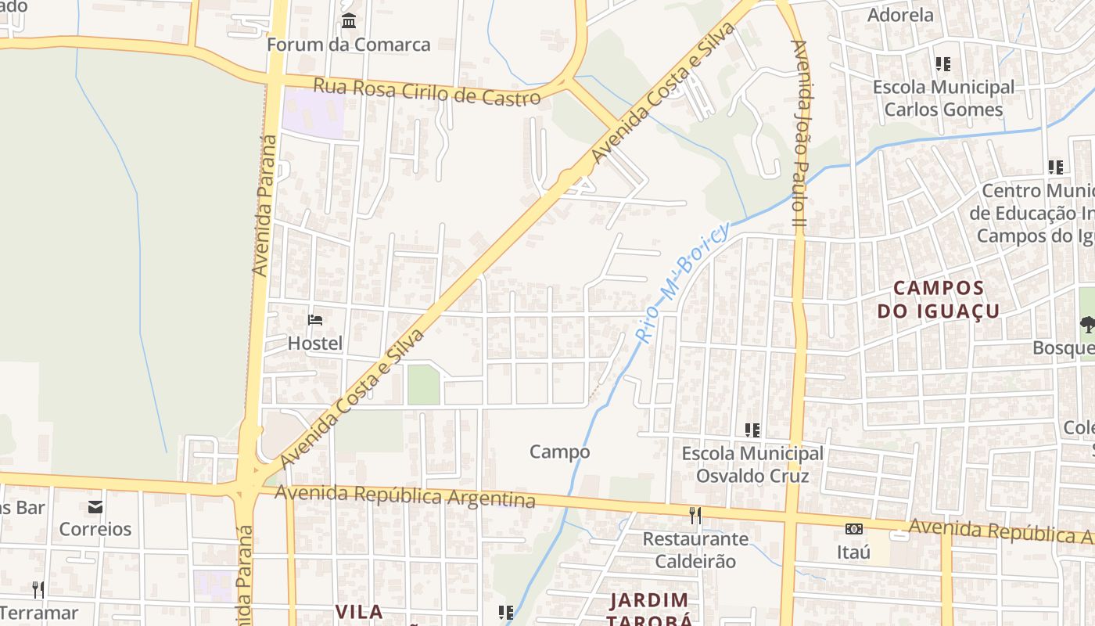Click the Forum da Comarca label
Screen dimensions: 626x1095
(x=348, y=45)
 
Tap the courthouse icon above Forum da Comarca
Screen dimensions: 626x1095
(x=349, y=20)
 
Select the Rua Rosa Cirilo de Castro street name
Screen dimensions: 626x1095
(x=426, y=92)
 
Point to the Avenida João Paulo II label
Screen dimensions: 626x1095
(x=799, y=129)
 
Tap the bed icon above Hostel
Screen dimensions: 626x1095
(x=315, y=319)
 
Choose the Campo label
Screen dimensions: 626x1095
(x=559, y=452)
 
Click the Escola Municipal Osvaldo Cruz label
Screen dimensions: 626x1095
(x=752, y=465)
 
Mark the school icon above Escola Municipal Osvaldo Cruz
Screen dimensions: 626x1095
(x=752, y=430)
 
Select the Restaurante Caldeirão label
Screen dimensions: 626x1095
(x=695, y=550)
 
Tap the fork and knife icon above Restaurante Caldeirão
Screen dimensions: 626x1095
(x=695, y=515)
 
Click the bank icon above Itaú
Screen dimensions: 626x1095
(x=853, y=529)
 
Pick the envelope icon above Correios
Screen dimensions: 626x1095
(x=95, y=506)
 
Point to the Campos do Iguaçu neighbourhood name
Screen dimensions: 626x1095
(x=938, y=300)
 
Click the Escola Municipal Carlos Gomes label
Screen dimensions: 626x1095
(x=943, y=98)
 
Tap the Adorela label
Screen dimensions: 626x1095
(x=900, y=15)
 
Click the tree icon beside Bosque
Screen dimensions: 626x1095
(x=1087, y=324)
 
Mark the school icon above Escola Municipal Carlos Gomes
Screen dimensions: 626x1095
(x=943, y=63)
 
